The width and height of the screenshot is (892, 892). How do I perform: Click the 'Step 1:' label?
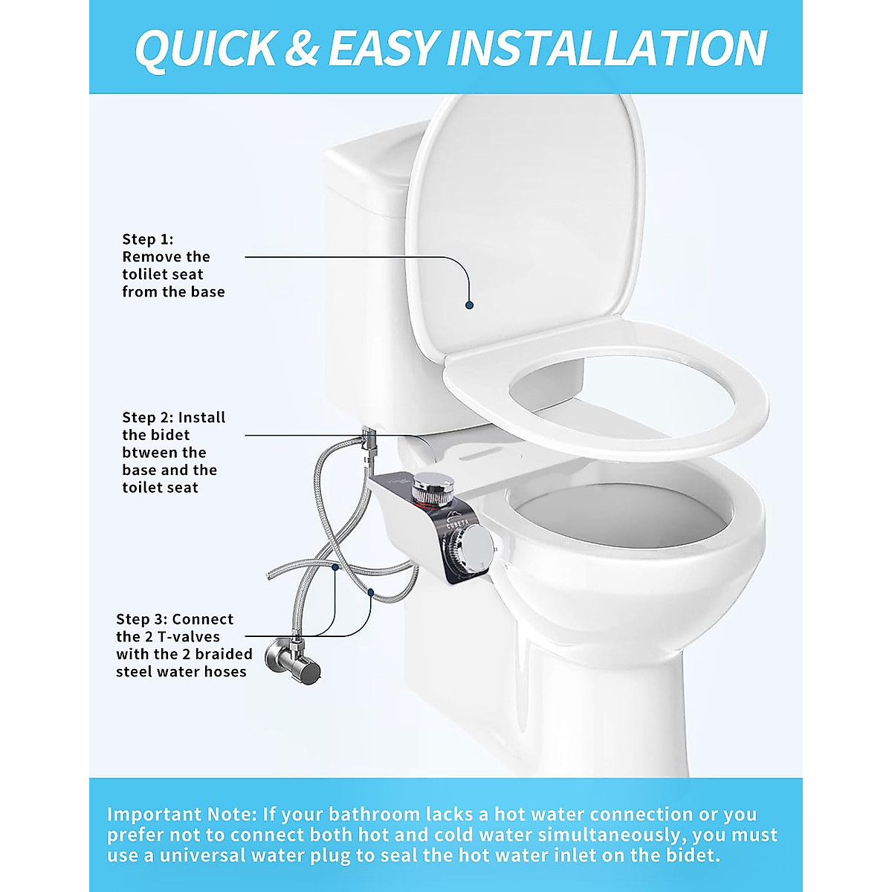tap(148, 239)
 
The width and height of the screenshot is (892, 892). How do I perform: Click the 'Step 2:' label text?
tap(148, 418)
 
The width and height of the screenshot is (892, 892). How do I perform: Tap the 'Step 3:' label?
tap(142, 619)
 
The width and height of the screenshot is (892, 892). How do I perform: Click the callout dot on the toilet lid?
tap(469, 305)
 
